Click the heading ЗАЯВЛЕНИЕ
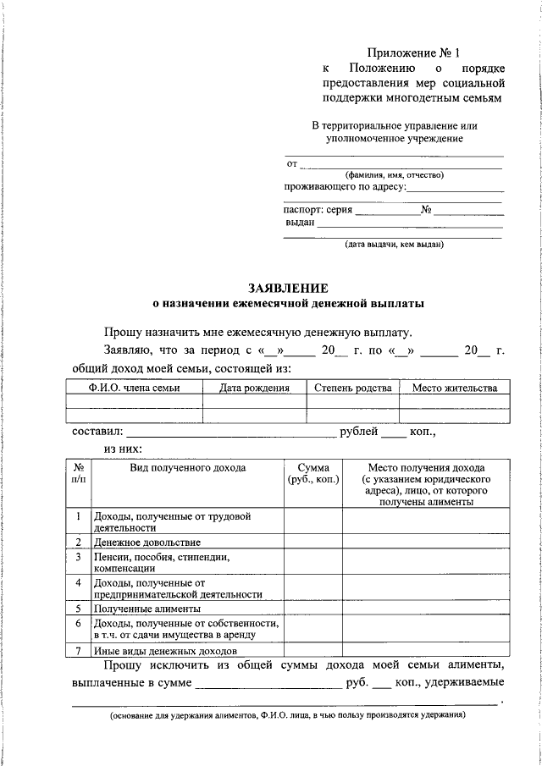pyautogui.click(x=288, y=287)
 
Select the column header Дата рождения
pyautogui.click(x=254, y=389)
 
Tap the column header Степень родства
pyautogui.click(x=352, y=389)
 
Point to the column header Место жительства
pyautogui.click(x=454, y=389)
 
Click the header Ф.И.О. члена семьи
pyautogui.click(x=134, y=389)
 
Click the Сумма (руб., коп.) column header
pyautogui.click(x=312, y=473)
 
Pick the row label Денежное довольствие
pyautogui.click(x=147, y=542)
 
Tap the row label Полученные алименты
pyautogui.click(x=147, y=609)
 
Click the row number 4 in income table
pyautogui.click(x=78, y=583)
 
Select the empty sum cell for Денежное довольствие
pyautogui.click(x=312, y=542)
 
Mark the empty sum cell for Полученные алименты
pyautogui.click(x=312, y=609)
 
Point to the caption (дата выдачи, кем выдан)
pyautogui.click(x=393, y=245)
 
